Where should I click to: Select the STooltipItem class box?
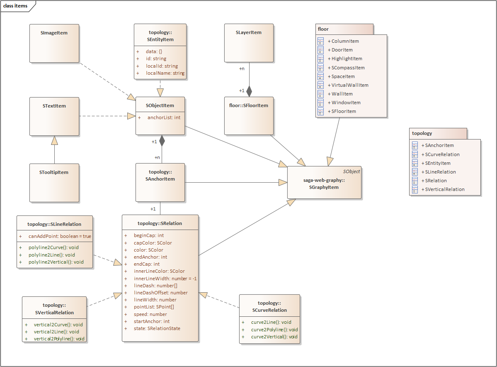(x=54, y=183)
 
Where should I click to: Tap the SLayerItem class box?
(x=249, y=43)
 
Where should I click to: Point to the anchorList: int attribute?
(x=164, y=117)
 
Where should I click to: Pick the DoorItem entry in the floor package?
(x=342, y=50)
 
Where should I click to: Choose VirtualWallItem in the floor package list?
(x=350, y=85)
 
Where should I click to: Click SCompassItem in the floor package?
(x=348, y=68)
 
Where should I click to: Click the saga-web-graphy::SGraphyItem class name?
(x=324, y=183)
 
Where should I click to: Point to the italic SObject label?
(x=351, y=171)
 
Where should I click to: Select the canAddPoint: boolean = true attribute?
(x=60, y=236)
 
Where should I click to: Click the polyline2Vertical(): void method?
(x=56, y=262)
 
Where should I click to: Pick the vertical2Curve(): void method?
(x=58, y=325)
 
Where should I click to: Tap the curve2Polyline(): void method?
(x=274, y=329)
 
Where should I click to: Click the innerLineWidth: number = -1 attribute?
(x=165, y=278)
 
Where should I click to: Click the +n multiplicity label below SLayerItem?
(x=242, y=69)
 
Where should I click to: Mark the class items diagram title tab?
(x=16, y=6)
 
